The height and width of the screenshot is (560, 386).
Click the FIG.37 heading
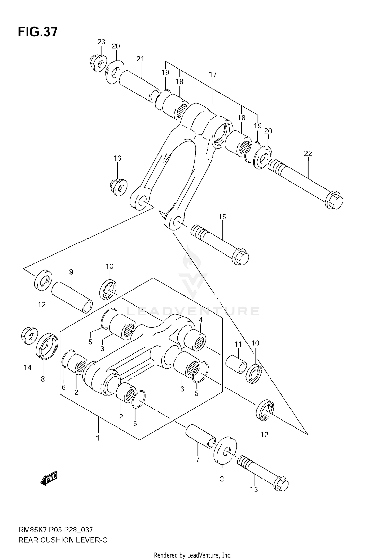38,32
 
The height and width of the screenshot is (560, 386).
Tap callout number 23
101,42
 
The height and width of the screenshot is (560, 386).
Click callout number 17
213,75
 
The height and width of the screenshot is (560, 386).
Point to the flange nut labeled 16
119,187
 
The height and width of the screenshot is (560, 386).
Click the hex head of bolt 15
241,257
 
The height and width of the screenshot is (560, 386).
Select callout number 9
71,272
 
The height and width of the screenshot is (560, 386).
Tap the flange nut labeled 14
29,335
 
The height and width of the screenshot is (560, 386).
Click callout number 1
98,438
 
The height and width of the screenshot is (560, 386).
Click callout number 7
198,459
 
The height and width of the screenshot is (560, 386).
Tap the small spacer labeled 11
236,364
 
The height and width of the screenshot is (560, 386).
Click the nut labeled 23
98,63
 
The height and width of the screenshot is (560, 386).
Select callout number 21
140,59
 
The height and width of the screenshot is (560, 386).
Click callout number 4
200,320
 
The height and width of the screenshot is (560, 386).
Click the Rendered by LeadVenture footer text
193,555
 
